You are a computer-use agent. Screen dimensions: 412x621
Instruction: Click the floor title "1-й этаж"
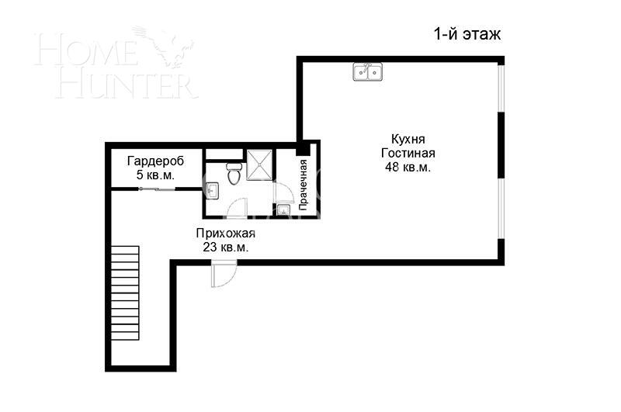pos(467,34)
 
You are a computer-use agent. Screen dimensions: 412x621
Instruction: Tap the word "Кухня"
pos(408,139)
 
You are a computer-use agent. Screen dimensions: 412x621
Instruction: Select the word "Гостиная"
pos(408,153)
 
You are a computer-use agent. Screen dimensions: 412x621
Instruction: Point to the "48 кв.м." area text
pos(408,167)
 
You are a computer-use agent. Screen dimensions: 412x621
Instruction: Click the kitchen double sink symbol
pos(367,72)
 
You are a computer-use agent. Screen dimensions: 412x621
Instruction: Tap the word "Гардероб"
pos(155,161)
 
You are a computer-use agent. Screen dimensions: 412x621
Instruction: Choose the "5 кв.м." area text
pos(155,175)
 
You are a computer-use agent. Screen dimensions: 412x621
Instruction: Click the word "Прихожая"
pos(225,234)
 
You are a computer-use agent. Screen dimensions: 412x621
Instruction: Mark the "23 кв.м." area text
pos(225,248)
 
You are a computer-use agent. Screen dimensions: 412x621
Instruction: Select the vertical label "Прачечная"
pos(304,186)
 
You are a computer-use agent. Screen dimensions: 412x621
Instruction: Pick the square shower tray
pos(259,164)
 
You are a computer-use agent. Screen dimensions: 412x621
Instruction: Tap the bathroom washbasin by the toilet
pos(213,189)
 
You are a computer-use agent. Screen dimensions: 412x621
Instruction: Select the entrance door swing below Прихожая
pos(224,275)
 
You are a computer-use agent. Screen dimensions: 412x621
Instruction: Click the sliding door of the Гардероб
pos(155,188)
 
